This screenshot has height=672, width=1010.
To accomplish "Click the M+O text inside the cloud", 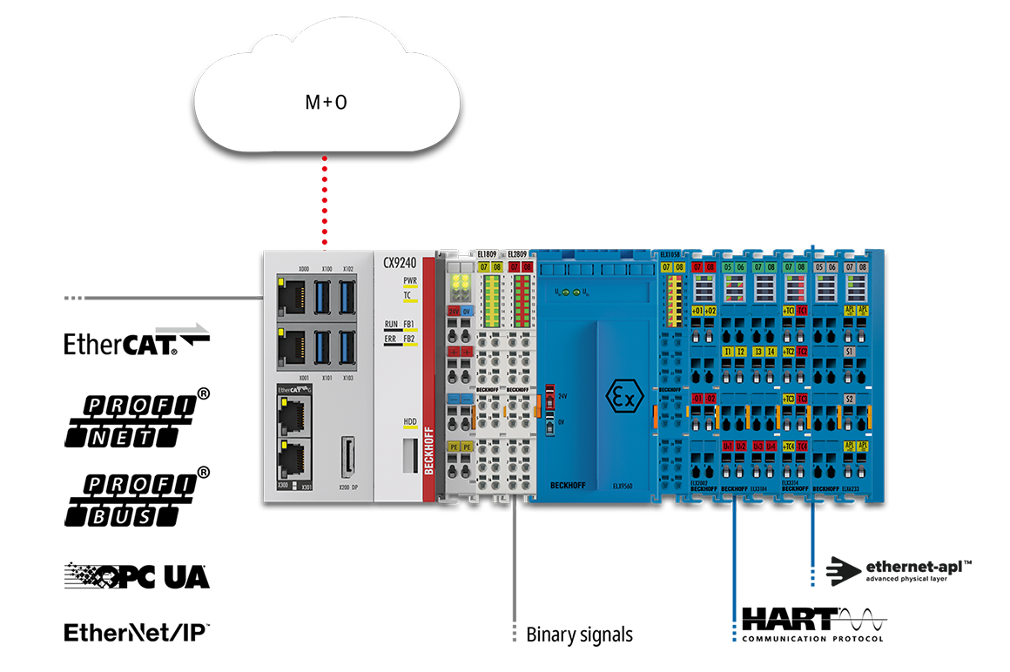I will (x=326, y=102).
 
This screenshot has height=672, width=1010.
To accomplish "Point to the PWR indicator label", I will (x=410, y=281).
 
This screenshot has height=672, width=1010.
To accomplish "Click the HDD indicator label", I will (x=410, y=422).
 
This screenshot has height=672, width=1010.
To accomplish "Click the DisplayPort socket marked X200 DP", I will (x=347, y=456).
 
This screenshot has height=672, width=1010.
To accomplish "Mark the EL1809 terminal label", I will (x=487, y=253).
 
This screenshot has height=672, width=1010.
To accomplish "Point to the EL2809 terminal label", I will (x=516, y=253).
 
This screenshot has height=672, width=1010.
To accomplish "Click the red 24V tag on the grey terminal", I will (x=454, y=310).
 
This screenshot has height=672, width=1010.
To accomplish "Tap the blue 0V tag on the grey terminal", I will (x=468, y=310).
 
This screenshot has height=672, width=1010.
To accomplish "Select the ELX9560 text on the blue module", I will (x=623, y=486).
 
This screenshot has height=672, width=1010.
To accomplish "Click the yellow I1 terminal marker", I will (x=728, y=352).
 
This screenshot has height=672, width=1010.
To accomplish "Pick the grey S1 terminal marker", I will (x=850, y=352).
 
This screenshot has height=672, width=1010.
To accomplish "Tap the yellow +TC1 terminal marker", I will (x=789, y=310).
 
